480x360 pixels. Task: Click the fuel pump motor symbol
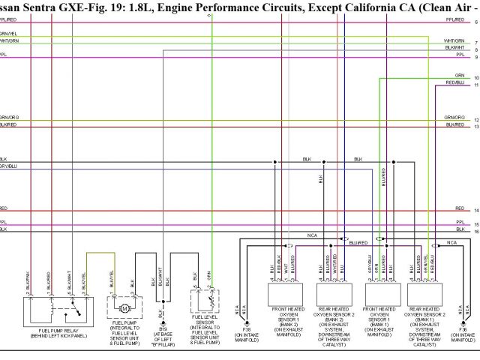(124, 308)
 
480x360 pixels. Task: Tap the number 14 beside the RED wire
(476, 211)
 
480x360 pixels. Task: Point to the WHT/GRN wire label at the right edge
(454, 40)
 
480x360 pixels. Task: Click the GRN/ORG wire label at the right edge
(454, 118)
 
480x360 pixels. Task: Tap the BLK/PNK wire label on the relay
(28, 280)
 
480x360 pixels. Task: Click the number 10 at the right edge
(476, 78)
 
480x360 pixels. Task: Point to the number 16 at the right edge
(476, 232)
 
